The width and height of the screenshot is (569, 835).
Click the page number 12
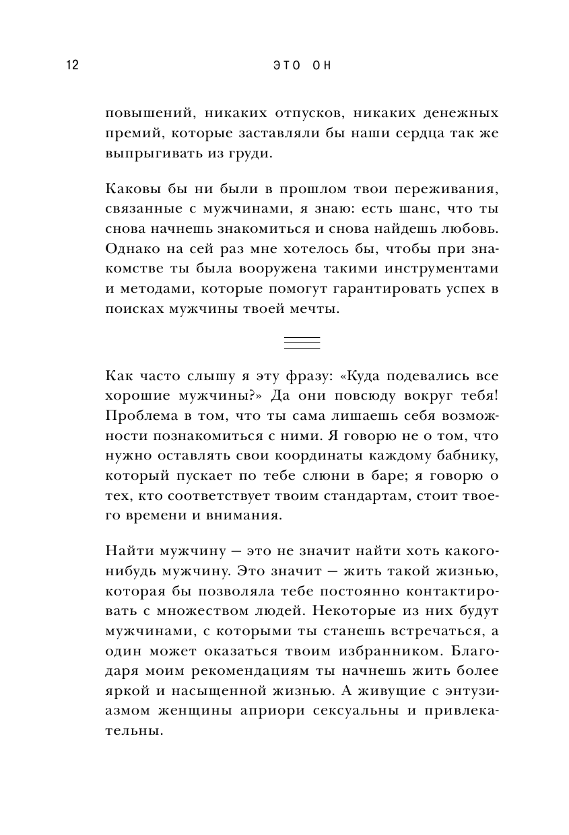click(x=73, y=65)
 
